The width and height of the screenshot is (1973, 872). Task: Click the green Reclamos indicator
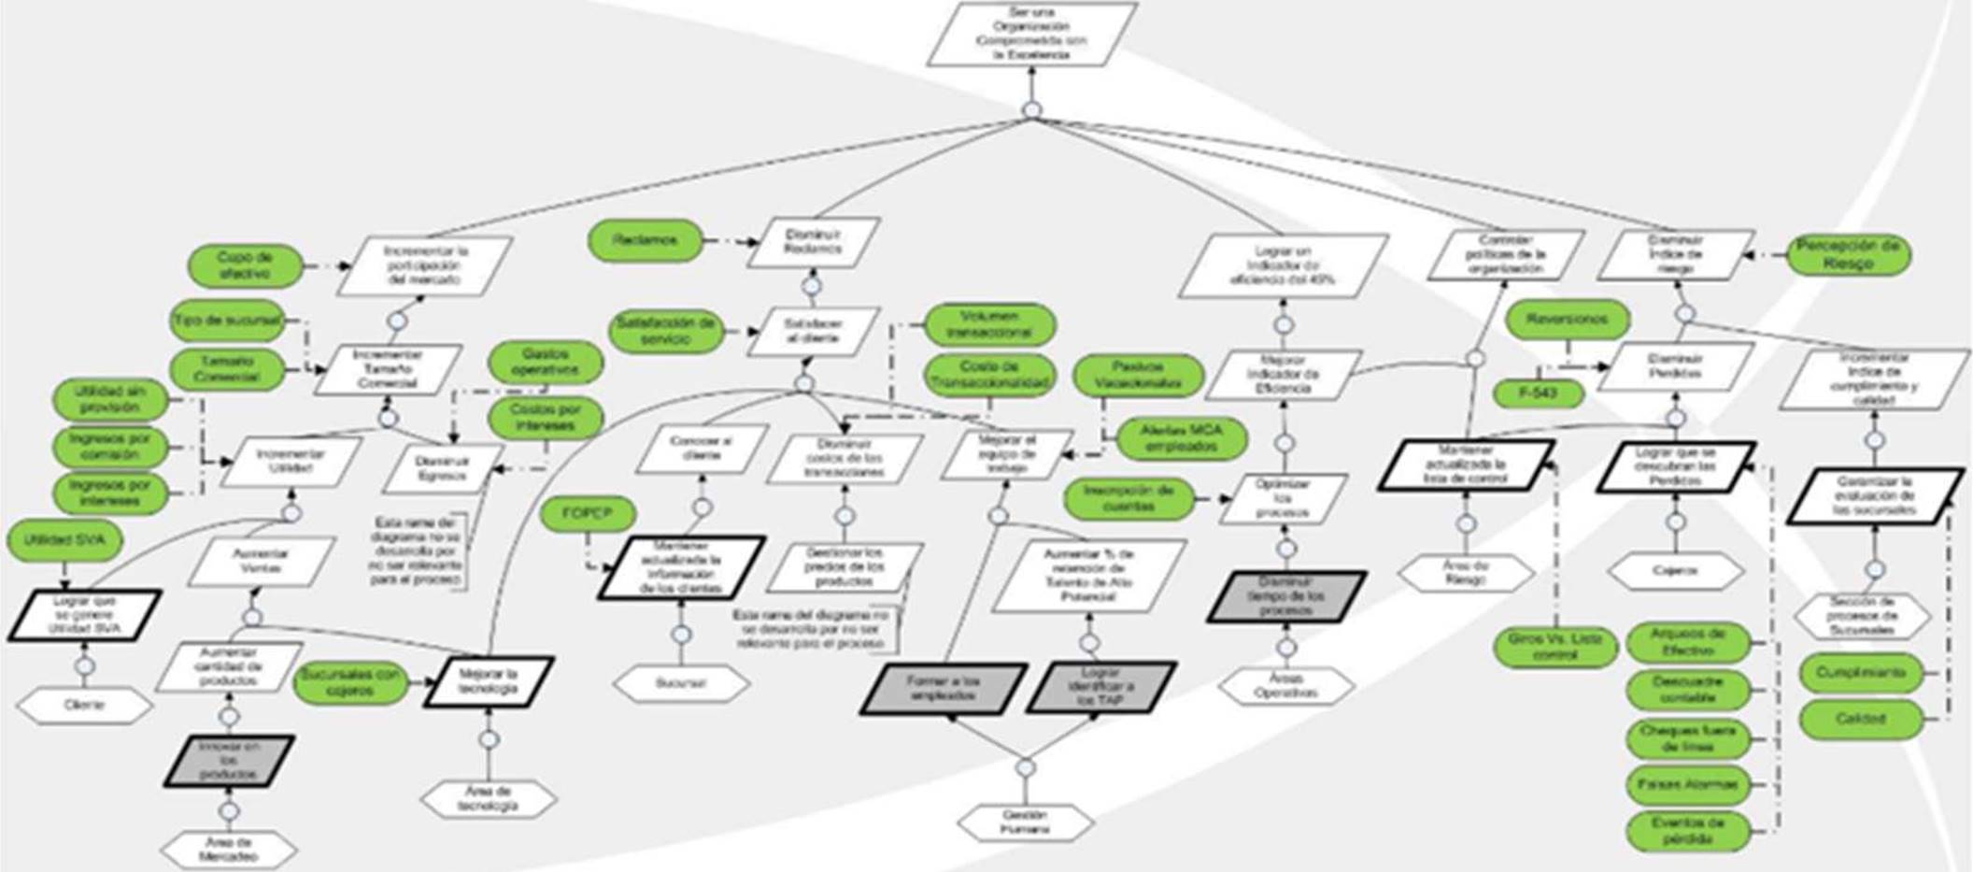point(645,240)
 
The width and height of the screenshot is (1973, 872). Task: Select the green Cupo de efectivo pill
point(245,266)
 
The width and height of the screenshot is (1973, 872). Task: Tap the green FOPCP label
point(588,513)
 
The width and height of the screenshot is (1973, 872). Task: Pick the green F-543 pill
point(1538,393)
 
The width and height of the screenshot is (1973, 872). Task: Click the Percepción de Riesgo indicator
point(1847,255)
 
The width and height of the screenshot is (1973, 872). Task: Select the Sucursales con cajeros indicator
point(350,682)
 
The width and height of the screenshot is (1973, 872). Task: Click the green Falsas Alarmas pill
point(1688,784)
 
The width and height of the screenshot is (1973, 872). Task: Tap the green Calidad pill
point(1860,719)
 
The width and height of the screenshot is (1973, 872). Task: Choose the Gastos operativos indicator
point(546,362)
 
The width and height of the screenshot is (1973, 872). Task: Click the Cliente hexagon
point(84,705)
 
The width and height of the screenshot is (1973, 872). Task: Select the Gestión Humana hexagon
point(1025,822)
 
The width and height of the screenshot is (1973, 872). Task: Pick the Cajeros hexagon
point(1675,570)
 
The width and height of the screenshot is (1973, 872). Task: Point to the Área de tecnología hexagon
point(489,798)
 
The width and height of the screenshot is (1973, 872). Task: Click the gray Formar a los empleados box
point(943,688)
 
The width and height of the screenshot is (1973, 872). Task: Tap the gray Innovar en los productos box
point(230,761)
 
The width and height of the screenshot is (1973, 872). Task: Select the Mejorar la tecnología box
point(489,680)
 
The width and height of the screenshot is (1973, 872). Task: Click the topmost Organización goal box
point(1031,35)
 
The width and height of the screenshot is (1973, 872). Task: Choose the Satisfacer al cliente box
point(813,331)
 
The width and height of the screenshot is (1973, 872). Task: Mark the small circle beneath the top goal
point(1031,110)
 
